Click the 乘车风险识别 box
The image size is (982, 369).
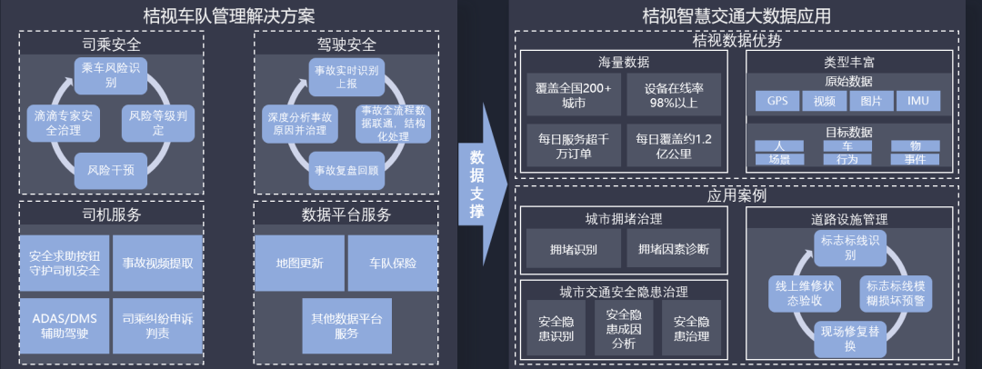(110, 75)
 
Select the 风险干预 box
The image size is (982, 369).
(110, 169)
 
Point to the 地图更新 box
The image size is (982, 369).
(299, 263)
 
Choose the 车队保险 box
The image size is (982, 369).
(393, 263)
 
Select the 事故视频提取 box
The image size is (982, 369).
(157, 263)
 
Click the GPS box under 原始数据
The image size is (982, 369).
(777, 100)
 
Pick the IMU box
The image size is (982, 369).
(918, 100)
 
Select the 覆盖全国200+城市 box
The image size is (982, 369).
(574, 95)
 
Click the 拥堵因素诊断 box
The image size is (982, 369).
(674, 248)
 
